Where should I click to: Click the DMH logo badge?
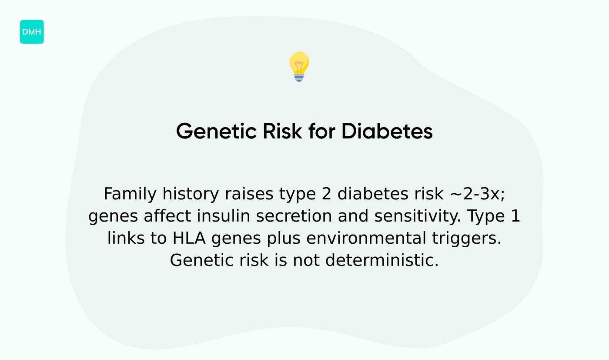pyautogui.click(x=32, y=32)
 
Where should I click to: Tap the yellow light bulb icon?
pyautogui.click(x=299, y=64)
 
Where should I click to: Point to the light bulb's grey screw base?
pyautogui.click(x=299, y=77)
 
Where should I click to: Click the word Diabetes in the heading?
pyautogui.click(x=387, y=131)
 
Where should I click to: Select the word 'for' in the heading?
pyautogui.click(x=321, y=131)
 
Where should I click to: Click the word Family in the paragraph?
pyautogui.click(x=130, y=194)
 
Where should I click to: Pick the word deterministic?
pyautogui.click(x=381, y=261)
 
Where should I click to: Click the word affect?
pyautogui.click(x=168, y=216)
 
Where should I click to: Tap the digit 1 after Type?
pyautogui.click(x=515, y=216)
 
